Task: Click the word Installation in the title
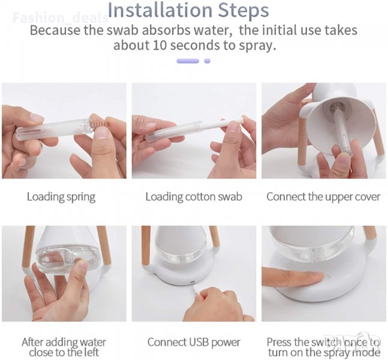point(160,10)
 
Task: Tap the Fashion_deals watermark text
point(61,18)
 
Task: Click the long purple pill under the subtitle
point(188,61)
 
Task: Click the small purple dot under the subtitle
point(207,61)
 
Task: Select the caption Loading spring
point(61,197)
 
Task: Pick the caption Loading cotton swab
point(194,197)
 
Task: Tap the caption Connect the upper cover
point(323,197)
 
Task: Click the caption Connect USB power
point(194,343)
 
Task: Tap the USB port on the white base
point(192,282)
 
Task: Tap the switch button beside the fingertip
point(328,277)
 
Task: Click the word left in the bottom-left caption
point(91,352)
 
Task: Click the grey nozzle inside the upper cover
point(337,108)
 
